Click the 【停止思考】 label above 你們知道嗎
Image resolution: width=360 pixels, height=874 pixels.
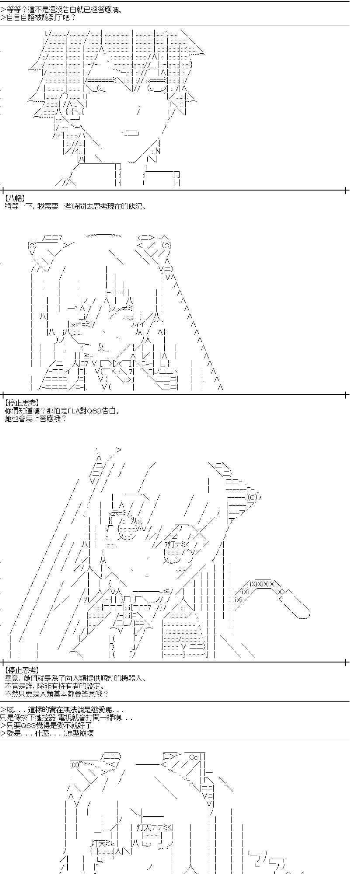coord(21,404)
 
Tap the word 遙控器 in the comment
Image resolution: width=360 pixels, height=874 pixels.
coord(59,718)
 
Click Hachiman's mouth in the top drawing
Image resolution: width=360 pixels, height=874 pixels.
coord(131,132)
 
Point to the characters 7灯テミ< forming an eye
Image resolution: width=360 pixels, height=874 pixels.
coord(176,544)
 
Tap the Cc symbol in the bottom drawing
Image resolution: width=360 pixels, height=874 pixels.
coord(194,757)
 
